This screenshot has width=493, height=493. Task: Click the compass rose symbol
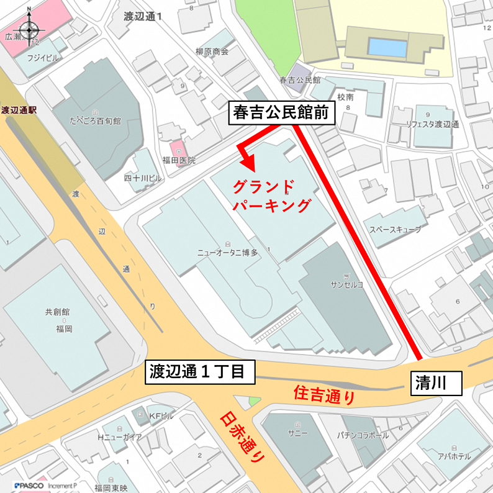pos(29,29)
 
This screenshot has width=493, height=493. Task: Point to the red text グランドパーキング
pos(271,196)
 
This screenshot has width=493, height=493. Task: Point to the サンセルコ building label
pos(348,284)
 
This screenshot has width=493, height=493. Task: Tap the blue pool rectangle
pos(387,47)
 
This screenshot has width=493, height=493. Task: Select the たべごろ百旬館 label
pos(96,120)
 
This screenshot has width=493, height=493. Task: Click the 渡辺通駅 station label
pos(19,111)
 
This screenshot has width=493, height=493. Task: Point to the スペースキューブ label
pos(395,229)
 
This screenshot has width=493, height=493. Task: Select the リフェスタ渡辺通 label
pos(432,124)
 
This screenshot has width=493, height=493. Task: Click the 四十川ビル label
pos(142,178)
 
